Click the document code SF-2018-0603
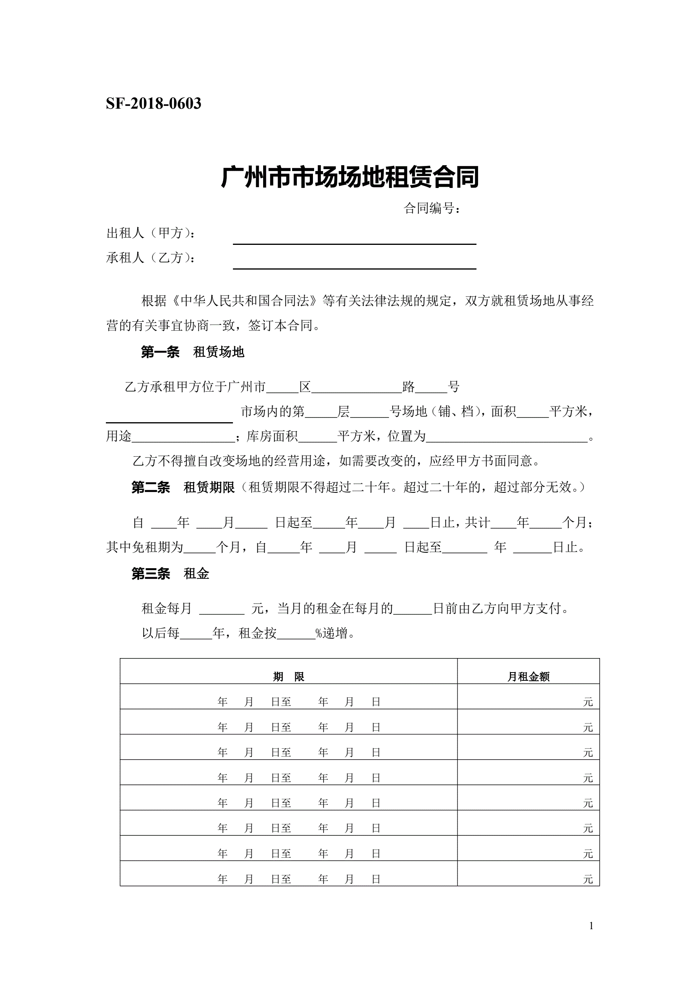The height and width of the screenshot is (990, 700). [x=153, y=104]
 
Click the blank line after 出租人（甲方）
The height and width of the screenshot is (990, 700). [x=354, y=240]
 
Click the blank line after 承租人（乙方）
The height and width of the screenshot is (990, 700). [x=354, y=264]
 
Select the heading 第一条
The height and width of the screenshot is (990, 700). [x=160, y=352]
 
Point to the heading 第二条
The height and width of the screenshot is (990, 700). [x=151, y=488]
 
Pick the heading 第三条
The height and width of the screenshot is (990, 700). [x=151, y=574]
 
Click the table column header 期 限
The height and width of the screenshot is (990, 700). [x=288, y=677]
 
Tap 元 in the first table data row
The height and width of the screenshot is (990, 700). [x=588, y=702]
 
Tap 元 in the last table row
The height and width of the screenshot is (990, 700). [x=588, y=880]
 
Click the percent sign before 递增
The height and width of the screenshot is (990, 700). [x=319, y=633]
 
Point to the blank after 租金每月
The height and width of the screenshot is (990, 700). [x=222, y=609]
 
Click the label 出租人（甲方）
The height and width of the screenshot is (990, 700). [x=151, y=233]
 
